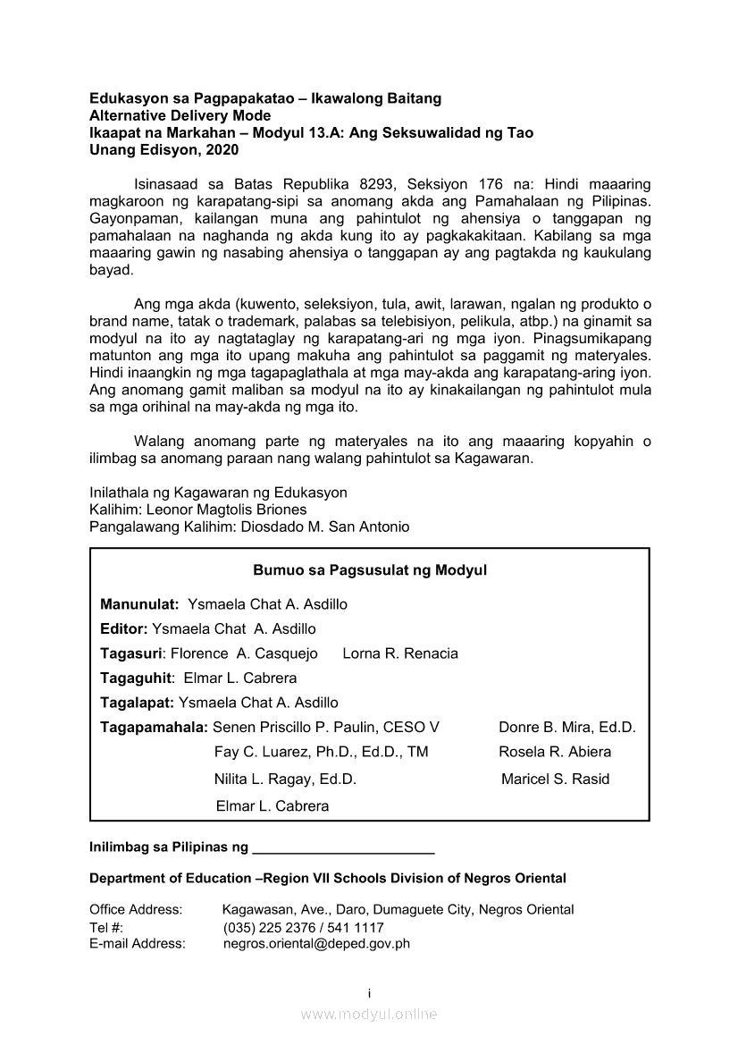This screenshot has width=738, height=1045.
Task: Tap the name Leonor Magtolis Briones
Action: point(226,510)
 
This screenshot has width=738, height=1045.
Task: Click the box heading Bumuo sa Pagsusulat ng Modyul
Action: point(369,570)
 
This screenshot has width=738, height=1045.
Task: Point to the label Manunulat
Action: point(139,604)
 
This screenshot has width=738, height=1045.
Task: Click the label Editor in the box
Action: point(123,628)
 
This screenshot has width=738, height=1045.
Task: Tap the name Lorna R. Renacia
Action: point(400,653)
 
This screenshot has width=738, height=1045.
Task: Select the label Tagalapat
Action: point(137,703)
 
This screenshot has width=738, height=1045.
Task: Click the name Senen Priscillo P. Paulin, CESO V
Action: point(326,727)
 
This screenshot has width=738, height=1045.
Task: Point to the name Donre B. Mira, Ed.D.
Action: point(566,727)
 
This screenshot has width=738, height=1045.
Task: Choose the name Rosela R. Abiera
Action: point(555,752)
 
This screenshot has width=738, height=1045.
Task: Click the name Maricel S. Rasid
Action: point(555,779)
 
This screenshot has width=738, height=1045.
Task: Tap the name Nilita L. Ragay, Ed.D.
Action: point(285,779)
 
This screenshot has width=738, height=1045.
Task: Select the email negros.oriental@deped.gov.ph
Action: point(316,943)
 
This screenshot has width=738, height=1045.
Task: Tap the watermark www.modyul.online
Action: point(369,1014)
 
